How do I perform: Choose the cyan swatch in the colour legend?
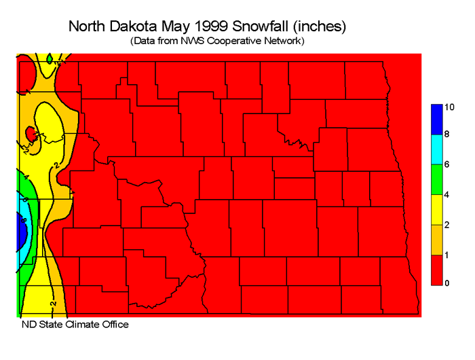[437, 150]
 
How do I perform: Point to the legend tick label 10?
[449, 107]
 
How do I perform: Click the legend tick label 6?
[447, 165]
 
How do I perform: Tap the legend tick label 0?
[447, 283]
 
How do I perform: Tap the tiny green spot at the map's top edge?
[50, 59]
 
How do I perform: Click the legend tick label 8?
[447, 136]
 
